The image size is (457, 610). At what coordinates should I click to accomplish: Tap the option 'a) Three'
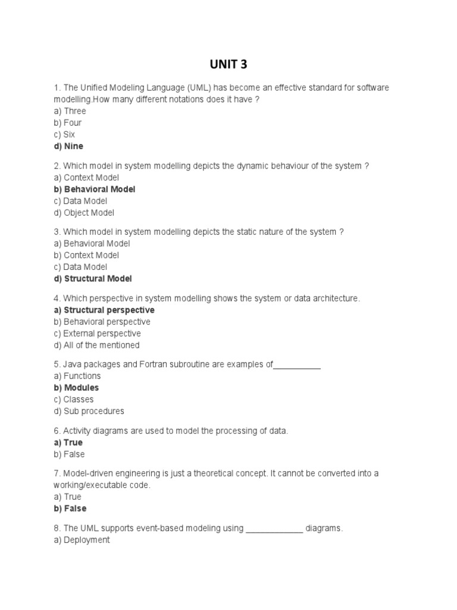click(x=70, y=111)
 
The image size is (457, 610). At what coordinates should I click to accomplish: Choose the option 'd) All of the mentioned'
click(x=96, y=345)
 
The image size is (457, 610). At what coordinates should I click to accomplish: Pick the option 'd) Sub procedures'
click(x=89, y=411)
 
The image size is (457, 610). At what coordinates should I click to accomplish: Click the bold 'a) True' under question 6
click(x=68, y=443)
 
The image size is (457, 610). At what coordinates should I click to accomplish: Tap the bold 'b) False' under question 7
click(x=70, y=508)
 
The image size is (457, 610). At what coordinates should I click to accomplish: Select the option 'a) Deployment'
click(x=82, y=540)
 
